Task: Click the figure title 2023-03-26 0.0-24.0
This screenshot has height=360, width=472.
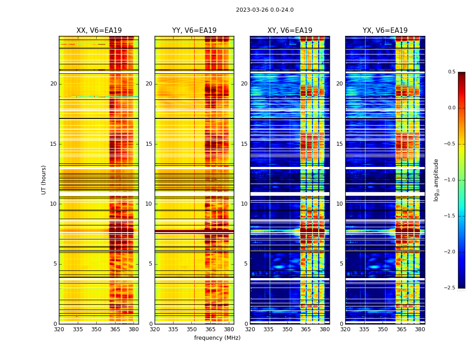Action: coord(265,10)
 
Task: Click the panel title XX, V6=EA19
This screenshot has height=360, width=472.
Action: coord(99,31)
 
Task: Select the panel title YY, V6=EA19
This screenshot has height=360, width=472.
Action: coord(194,31)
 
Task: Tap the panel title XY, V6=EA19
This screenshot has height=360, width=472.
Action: coord(289,31)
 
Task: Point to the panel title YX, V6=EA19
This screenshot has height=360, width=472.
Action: coord(385,31)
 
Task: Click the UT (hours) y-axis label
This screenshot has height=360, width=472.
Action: coord(44,180)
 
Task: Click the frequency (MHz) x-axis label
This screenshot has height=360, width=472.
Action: coord(217,338)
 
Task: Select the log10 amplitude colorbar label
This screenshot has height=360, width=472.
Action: coord(436,180)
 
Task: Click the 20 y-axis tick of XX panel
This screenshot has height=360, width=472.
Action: coord(53,84)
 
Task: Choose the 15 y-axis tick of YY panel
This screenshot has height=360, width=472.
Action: coord(149,144)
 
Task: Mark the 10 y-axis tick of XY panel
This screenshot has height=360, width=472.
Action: coord(244,204)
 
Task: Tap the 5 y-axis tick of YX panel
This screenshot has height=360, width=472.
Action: coord(341,264)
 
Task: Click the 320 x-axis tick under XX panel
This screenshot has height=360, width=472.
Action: coord(59,329)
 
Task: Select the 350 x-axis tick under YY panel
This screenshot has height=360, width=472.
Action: coord(192,329)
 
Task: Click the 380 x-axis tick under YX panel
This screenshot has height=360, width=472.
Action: coord(420,329)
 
